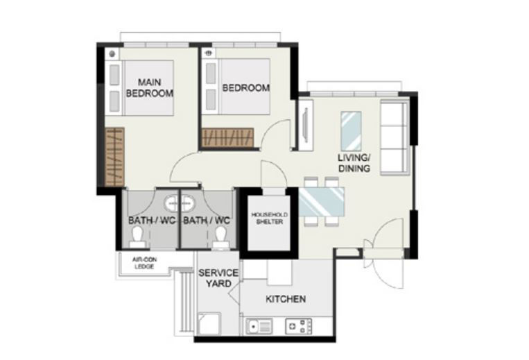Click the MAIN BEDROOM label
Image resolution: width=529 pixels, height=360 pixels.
(150, 87)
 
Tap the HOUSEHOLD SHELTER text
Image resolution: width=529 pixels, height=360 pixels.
(270, 218)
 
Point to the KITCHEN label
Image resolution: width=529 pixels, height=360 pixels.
(286, 299)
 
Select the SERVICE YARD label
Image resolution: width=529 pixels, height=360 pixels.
(218, 278)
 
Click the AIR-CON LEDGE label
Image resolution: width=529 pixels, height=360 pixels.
(144, 263)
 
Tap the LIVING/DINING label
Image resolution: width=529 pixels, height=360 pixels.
(354, 163)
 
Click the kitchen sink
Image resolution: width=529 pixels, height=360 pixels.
(259, 326)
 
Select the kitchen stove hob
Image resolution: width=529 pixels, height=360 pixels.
(299, 326)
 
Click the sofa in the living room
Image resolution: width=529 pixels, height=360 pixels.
(394, 137)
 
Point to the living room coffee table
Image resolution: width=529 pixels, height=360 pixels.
(352, 131)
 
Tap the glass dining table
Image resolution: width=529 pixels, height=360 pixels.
(322, 202)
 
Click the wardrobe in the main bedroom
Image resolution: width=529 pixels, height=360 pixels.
(114, 157)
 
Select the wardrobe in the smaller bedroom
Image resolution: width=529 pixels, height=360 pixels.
(227, 137)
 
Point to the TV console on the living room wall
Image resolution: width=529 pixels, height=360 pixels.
(306, 124)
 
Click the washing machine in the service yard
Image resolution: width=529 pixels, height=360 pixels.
(209, 324)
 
